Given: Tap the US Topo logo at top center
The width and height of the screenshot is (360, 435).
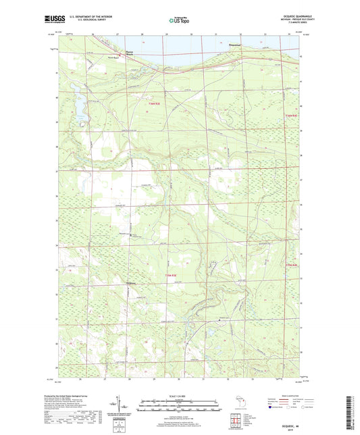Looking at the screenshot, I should pyautogui.click(x=178, y=21).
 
